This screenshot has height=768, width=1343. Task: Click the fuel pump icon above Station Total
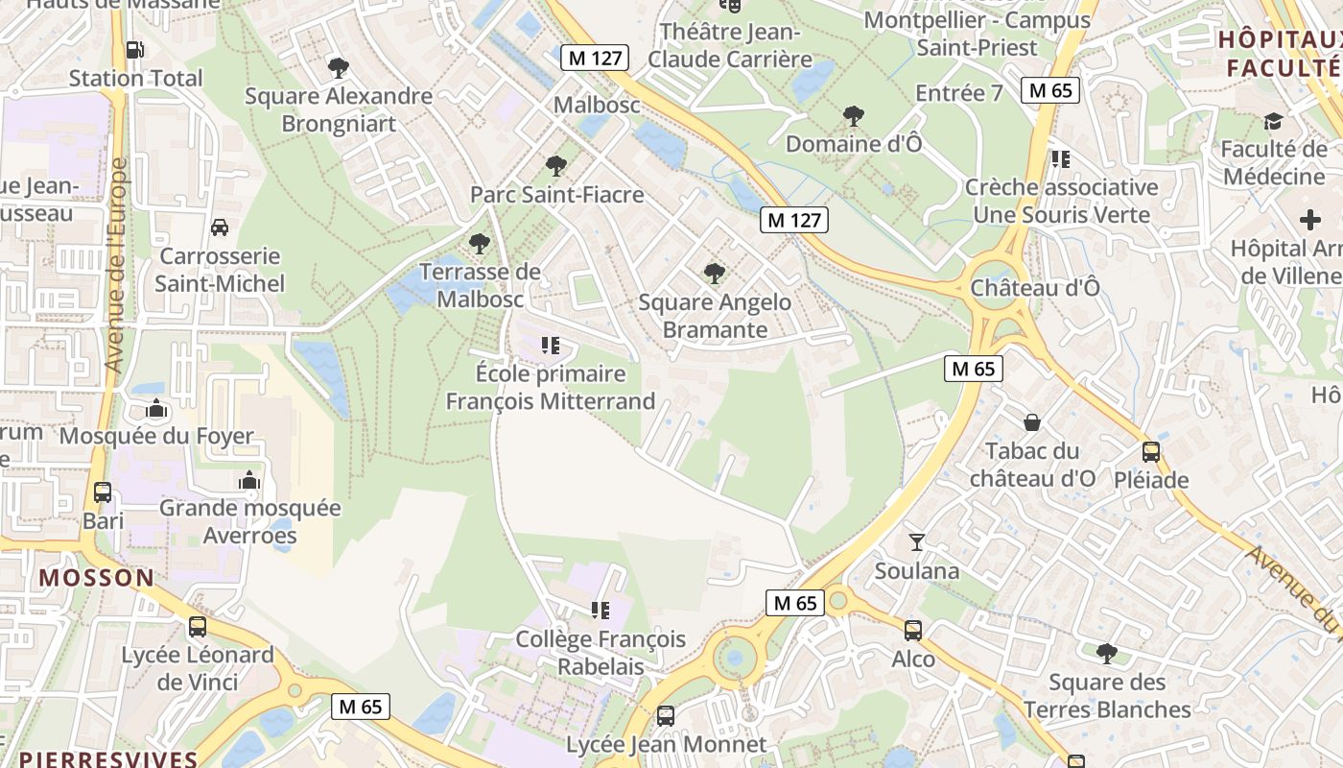click(135, 49)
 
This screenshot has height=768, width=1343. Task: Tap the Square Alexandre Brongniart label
click(339, 109)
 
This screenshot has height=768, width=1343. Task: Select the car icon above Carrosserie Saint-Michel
click(220, 228)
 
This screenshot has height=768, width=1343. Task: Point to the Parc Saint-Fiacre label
click(556, 195)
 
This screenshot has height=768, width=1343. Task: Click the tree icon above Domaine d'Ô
click(853, 116)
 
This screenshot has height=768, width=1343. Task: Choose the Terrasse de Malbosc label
click(481, 285)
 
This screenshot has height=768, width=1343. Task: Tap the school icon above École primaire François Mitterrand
click(551, 345)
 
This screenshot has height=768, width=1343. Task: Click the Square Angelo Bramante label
click(716, 316)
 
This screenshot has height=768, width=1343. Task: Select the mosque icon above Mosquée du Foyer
click(156, 409)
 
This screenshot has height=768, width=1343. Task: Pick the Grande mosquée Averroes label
click(249, 521)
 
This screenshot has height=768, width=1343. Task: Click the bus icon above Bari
click(103, 492)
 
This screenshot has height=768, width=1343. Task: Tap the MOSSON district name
click(97, 577)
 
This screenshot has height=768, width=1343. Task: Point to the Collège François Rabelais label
click(601, 652)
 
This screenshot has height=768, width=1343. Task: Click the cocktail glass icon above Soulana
click(917, 542)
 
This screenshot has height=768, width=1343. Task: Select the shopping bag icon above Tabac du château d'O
click(1032, 421)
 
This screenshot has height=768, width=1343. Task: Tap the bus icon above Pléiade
click(1151, 451)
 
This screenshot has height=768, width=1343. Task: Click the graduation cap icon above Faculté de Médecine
click(1273, 121)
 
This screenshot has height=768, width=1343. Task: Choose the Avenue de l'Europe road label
click(116, 266)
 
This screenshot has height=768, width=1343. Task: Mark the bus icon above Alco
click(913, 631)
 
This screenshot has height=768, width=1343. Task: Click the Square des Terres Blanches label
click(1107, 696)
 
